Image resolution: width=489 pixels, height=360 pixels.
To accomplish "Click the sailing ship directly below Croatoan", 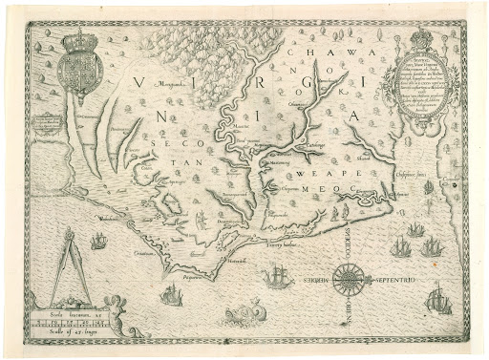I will coord(171,295).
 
